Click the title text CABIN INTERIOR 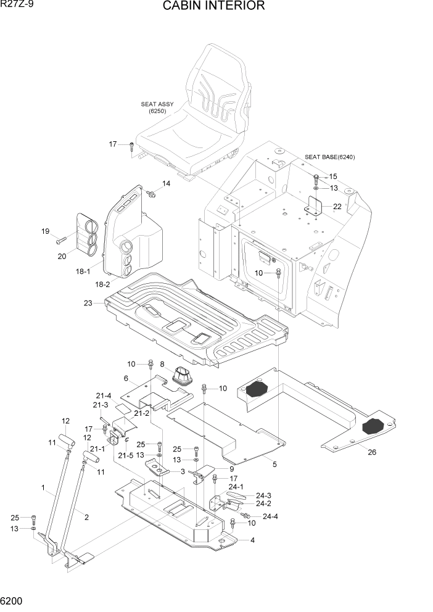(x=214, y=7)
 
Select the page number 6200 (x=13, y=600)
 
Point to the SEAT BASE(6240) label (x=329, y=157)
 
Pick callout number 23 (x=88, y=303)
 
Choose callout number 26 (x=371, y=452)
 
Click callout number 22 (x=337, y=207)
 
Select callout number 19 (x=45, y=231)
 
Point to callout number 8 (x=162, y=364)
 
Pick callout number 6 (x=126, y=378)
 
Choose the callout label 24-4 (x=271, y=516)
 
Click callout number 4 (x=252, y=540)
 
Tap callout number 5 (x=274, y=463)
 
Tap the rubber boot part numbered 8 (x=183, y=376)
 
